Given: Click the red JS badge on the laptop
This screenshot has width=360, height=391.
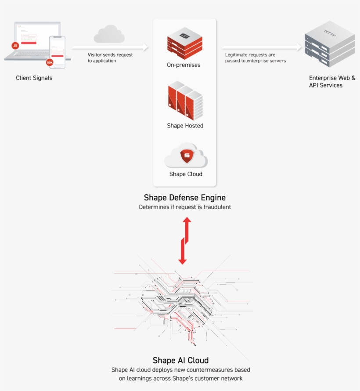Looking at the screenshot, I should (15, 45).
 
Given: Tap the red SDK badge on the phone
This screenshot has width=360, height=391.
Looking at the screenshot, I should (49, 63).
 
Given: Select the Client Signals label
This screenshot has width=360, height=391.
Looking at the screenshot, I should (34, 78).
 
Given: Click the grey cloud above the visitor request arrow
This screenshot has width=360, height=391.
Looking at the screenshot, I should (108, 33).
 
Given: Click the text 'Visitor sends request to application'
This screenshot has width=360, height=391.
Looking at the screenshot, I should (110, 58).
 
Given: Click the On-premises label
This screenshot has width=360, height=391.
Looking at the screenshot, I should (184, 65).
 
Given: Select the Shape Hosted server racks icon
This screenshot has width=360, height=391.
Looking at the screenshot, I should (185, 102).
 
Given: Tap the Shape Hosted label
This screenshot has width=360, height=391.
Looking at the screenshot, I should (185, 126).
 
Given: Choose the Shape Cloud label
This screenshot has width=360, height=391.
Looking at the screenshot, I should (186, 174).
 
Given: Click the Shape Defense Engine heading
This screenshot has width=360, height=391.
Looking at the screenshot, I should (185, 198).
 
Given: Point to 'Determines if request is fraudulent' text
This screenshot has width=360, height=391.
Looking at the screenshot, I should (185, 207).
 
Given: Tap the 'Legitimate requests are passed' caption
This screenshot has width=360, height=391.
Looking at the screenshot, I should (256, 58).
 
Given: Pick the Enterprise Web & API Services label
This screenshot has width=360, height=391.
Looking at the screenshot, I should (332, 82).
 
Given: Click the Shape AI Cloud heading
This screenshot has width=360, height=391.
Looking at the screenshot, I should (180, 361).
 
